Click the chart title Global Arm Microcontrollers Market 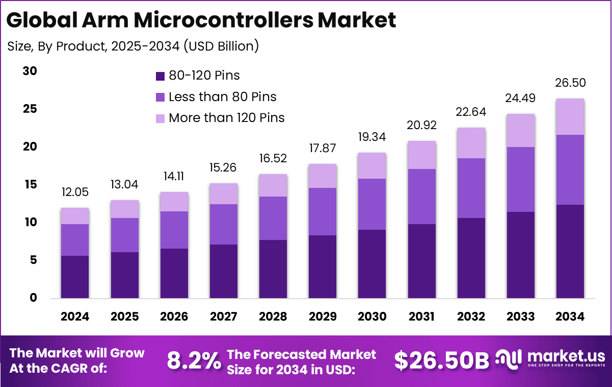[x=201, y=20]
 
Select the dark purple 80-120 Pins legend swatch [x=160, y=76]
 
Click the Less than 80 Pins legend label [x=223, y=96]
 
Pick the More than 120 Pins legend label [x=227, y=117]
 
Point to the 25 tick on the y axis [x=30, y=109]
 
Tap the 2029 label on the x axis [x=322, y=317]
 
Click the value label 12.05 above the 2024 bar [x=75, y=192]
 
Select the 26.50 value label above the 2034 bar [x=570, y=83]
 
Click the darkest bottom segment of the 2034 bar [x=570, y=251]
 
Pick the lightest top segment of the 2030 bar [x=372, y=165]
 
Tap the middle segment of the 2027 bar [x=223, y=224]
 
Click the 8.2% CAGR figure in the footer [x=194, y=360]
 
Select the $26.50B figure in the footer [x=441, y=360]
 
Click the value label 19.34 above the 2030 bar [x=372, y=137]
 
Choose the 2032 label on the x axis [x=471, y=317]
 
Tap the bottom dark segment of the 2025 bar [x=125, y=275]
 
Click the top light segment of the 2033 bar [x=520, y=130]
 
